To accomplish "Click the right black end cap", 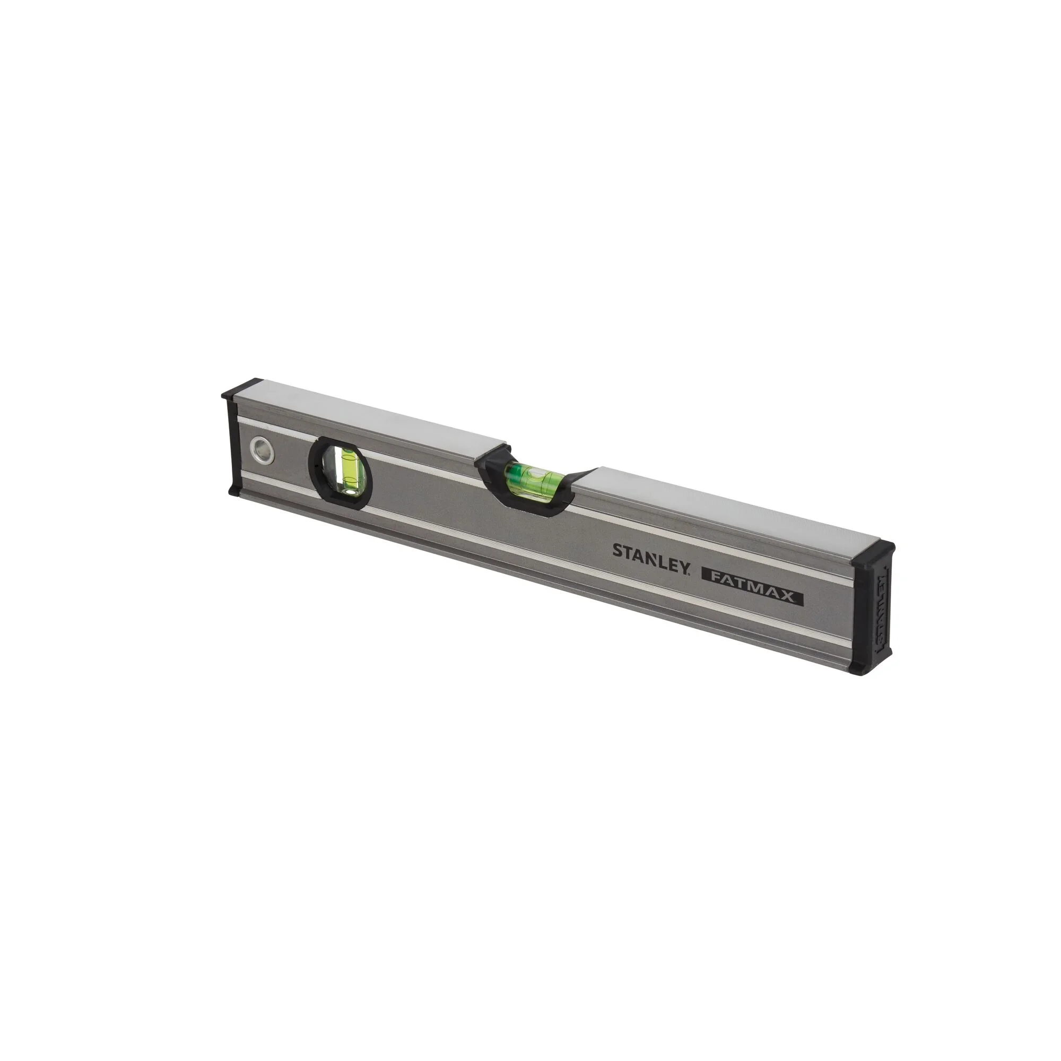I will (876, 610).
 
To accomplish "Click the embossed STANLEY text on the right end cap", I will (881, 610).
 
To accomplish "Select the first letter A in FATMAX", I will (730, 580).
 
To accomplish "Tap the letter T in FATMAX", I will (741, 582).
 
